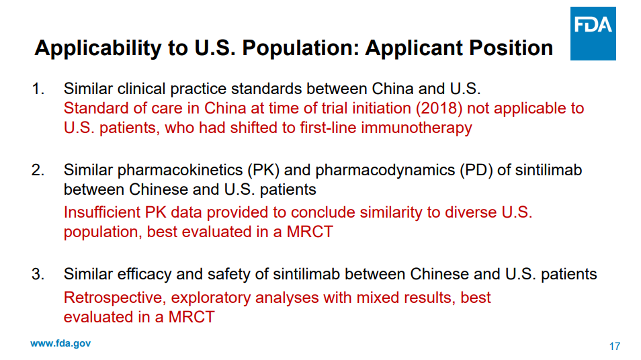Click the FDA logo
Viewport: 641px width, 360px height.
pos(593,34)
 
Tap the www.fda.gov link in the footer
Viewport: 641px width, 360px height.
pos(60,344)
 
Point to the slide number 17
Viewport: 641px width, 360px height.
pos(614,347)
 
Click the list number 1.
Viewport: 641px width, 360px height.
pos(38,89)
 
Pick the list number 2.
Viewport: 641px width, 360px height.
pos(38,170)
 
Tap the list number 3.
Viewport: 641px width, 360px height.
pos(38,274)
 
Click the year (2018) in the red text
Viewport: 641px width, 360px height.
pos(439,109)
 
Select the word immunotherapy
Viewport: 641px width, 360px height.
pos(417,128)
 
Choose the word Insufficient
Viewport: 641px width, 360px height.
pos(102,212)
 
